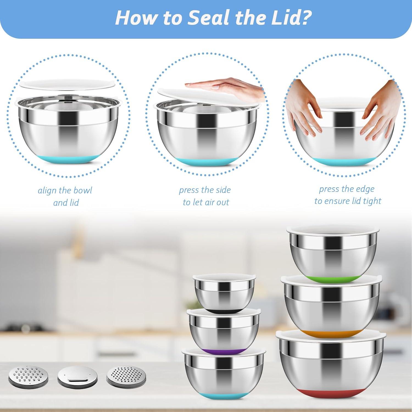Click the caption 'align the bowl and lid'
point(65,196)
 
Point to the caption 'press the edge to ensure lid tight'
point(347,195)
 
